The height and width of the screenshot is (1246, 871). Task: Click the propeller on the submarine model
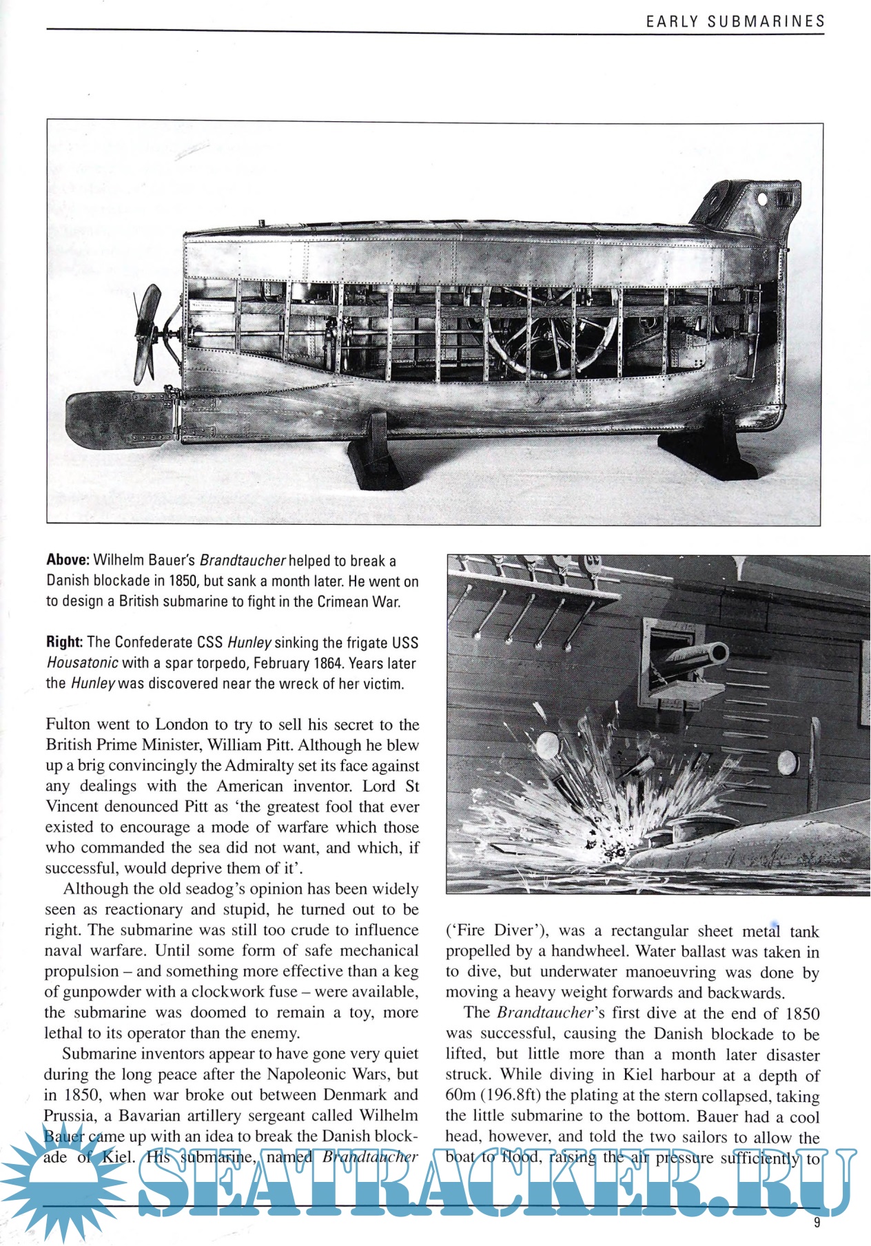tap(147, 335)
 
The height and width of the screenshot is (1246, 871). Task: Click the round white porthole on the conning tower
tap(762, 200)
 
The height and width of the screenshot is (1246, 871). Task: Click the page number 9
tap(817, 1223)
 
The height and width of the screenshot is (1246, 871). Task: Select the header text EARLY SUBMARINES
tap(735, 21)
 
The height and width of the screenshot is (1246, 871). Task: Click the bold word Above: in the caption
tap(68, 561)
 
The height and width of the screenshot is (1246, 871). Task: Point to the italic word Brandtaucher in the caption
tap(243, 561)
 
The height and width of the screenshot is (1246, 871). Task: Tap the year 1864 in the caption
tap(327, 663)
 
